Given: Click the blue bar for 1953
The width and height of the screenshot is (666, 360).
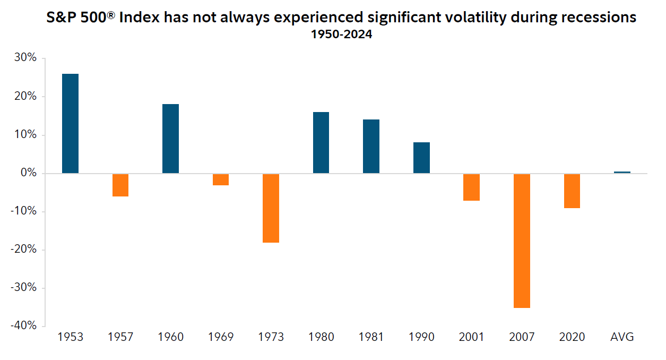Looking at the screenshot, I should (x=70, y=123).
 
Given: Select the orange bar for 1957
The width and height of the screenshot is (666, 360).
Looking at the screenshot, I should (x=120, y=185).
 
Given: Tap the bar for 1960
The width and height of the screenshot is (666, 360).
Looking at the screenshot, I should (x=170, y=139).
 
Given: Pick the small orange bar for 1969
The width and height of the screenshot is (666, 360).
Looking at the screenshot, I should (x=220, y=179).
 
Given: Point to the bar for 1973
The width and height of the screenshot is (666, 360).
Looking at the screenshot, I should (x=271, y=208).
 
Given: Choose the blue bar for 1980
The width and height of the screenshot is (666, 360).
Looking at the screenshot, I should (x=321, y=142).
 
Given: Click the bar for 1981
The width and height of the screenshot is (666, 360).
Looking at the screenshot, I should (x=371, y=146).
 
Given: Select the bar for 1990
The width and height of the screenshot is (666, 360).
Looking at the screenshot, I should (x=421, y=158).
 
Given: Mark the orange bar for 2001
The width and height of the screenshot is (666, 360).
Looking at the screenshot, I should (x=471, y=187).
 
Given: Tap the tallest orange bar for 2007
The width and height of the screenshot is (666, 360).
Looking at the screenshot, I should (x=522, y=241).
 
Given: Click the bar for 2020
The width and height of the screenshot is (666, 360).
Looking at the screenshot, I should (x=572, y=191).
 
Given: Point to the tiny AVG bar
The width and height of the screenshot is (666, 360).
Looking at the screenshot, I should (x=622, y=172).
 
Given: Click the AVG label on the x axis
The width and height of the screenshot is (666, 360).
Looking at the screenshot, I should (x=622, y=337).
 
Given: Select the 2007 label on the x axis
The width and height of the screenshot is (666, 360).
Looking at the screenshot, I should (x=522, y=337).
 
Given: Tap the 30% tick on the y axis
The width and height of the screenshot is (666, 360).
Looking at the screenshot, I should (x=25, y=58).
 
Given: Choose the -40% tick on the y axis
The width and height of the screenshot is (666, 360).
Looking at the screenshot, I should (x=23, y=325).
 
